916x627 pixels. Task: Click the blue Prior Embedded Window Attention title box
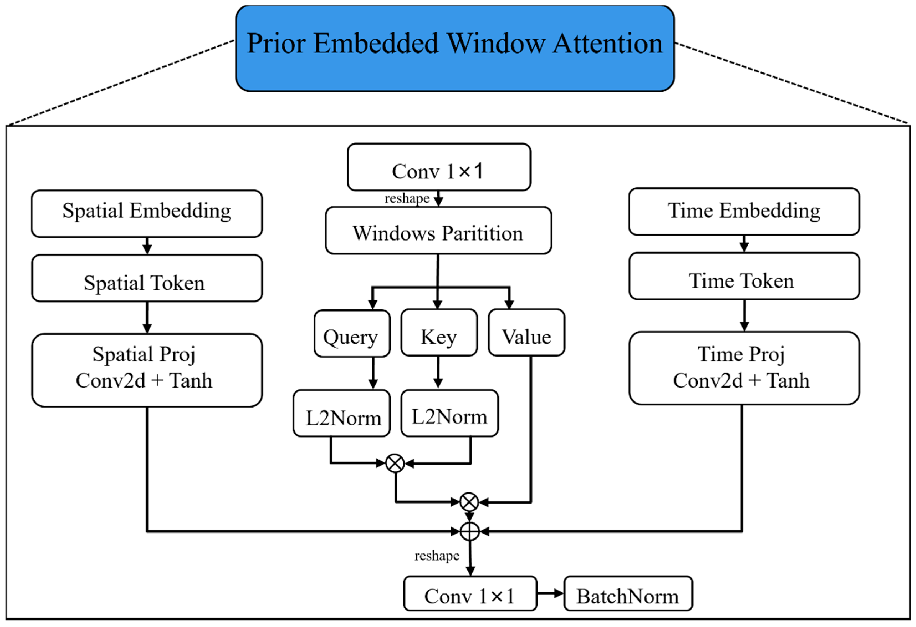coord(454,48)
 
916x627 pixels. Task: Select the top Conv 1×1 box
coord(439,167)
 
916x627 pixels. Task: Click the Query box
coord(352,333)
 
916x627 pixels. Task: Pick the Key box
coord(439,333)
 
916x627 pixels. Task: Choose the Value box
coord(526,333)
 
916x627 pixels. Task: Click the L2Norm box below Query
coord(342,413)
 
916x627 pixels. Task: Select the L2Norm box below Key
coord(449,413)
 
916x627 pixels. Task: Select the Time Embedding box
coord(744,211)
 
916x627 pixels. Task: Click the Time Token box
coord(744,276)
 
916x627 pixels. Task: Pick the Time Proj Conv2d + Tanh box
coord(744,368)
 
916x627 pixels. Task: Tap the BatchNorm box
coord(628,593)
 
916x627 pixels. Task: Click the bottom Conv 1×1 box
coord(470,593)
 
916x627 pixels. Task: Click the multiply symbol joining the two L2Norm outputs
coord(395,463)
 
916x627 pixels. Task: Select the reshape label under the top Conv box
coord(407,198)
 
